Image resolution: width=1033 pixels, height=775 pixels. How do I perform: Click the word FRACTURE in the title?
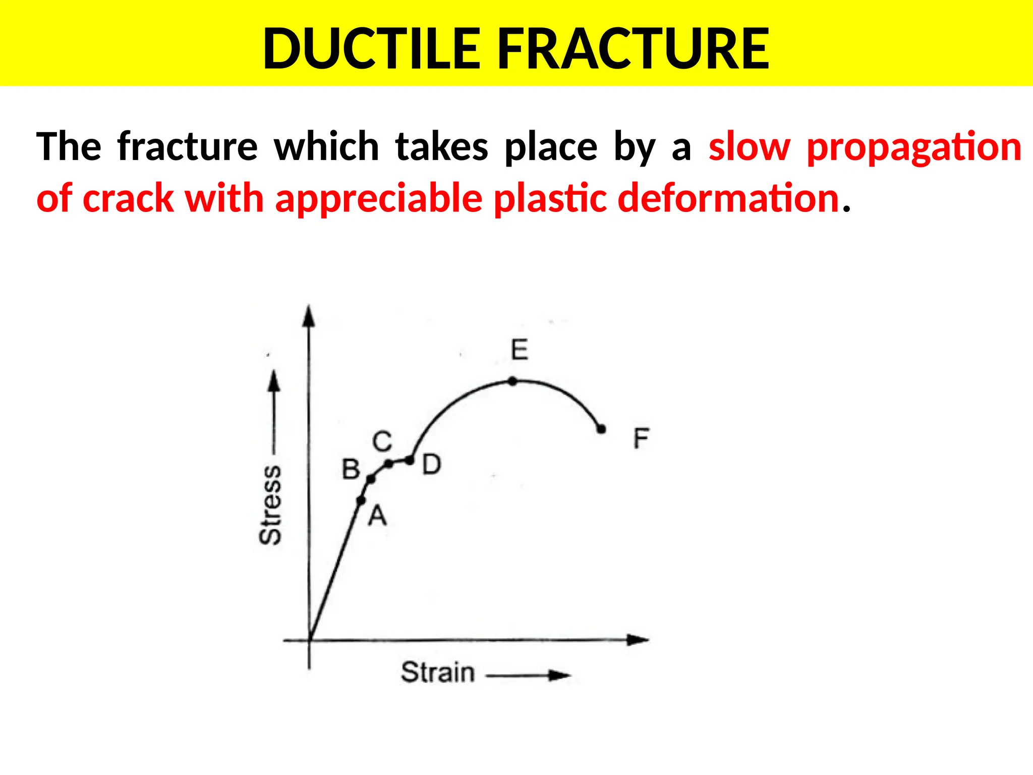[634, 49]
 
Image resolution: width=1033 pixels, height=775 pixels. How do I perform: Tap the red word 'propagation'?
[914, 147]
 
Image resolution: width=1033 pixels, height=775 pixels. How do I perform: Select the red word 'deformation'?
[728, 198]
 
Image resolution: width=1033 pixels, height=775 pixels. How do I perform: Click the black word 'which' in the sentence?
[326, 147]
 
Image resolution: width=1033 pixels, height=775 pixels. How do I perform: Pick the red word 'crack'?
[128, 198]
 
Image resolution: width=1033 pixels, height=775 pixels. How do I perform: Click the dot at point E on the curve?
[512, 381]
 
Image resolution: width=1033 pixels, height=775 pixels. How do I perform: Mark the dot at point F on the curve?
[601, 429]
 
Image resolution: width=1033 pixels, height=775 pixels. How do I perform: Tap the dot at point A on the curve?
[361, 501]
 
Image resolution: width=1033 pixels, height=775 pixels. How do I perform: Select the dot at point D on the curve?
[410, 460]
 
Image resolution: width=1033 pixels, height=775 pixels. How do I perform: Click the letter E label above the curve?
[520, 350]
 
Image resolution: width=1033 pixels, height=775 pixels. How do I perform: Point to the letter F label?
[641, 438]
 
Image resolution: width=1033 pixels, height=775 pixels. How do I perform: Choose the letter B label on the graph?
[351, 470]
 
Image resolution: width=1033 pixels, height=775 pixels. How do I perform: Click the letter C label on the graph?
[382, 441]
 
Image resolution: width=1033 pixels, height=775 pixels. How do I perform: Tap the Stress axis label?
[270, 505]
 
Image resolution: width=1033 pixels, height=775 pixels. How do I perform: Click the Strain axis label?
[438, 673]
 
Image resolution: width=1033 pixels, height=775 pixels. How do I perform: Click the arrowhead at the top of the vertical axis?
[309, 316]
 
